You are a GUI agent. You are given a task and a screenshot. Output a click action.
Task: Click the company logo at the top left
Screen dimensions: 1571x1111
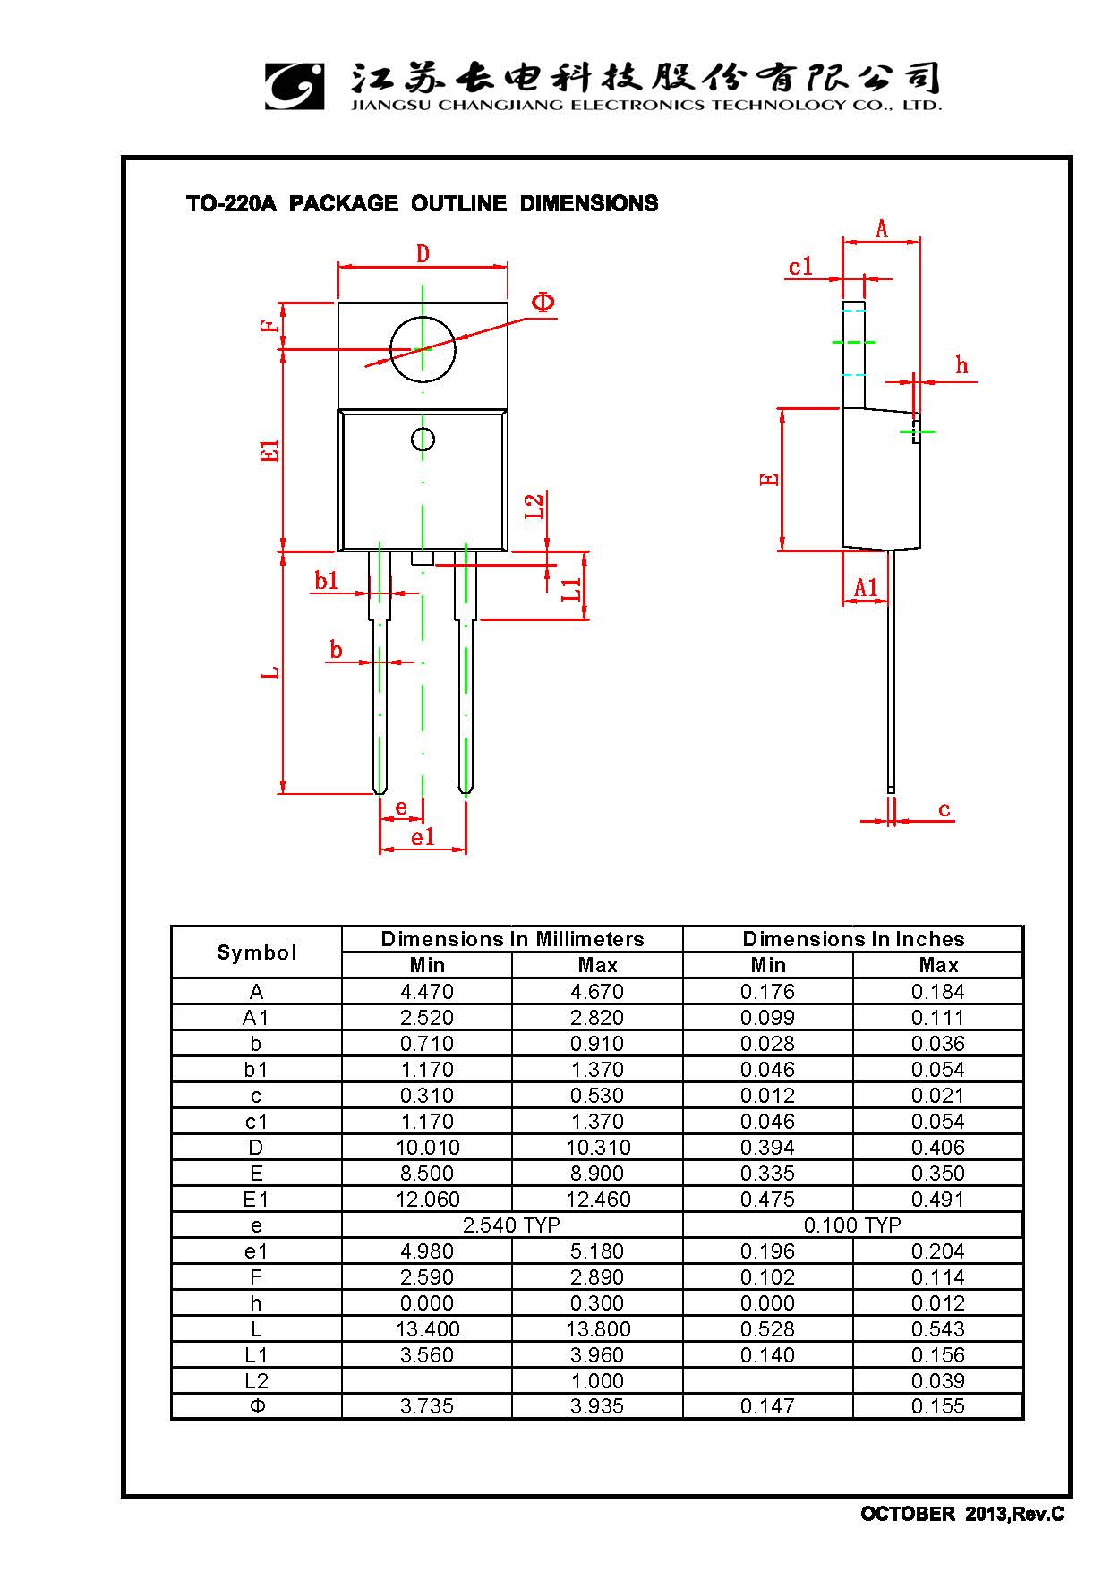[294, 86]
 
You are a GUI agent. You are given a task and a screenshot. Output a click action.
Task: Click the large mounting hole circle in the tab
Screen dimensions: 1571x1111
[423, 349]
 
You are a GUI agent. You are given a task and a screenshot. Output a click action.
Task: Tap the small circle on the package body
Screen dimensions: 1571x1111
[423, 439]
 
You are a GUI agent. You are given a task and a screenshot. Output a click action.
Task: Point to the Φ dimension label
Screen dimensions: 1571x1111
[543, 303]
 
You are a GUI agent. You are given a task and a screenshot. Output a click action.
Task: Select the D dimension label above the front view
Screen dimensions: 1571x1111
[423, 254]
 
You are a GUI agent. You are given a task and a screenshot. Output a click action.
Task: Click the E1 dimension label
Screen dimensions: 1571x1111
[270, 450]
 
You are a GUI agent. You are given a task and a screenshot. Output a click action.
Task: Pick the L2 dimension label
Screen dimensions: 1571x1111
[534, 507]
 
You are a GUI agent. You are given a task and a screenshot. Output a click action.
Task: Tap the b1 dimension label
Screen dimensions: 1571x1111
[327, 581]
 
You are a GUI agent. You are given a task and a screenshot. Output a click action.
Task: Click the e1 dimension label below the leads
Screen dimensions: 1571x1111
[423, 837]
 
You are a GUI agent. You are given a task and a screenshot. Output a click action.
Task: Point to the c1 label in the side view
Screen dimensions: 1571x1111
[800, 267]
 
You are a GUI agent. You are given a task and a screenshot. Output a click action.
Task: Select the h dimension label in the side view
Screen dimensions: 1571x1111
[961, 365]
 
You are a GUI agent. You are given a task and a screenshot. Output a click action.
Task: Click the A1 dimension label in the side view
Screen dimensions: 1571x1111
[866, 587]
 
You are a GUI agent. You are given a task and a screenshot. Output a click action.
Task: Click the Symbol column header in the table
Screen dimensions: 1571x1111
[256, 952]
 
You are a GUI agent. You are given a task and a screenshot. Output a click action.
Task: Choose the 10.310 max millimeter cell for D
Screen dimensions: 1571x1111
[597, 1147]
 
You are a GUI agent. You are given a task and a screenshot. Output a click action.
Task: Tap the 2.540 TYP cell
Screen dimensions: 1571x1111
[511, 1225]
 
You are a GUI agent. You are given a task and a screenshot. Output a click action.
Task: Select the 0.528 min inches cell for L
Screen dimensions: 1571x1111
[767, 1328]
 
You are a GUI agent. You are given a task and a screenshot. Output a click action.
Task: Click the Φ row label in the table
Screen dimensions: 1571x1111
[256, 1406]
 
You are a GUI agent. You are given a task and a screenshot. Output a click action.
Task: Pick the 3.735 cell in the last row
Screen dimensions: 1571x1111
[427, 1406]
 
